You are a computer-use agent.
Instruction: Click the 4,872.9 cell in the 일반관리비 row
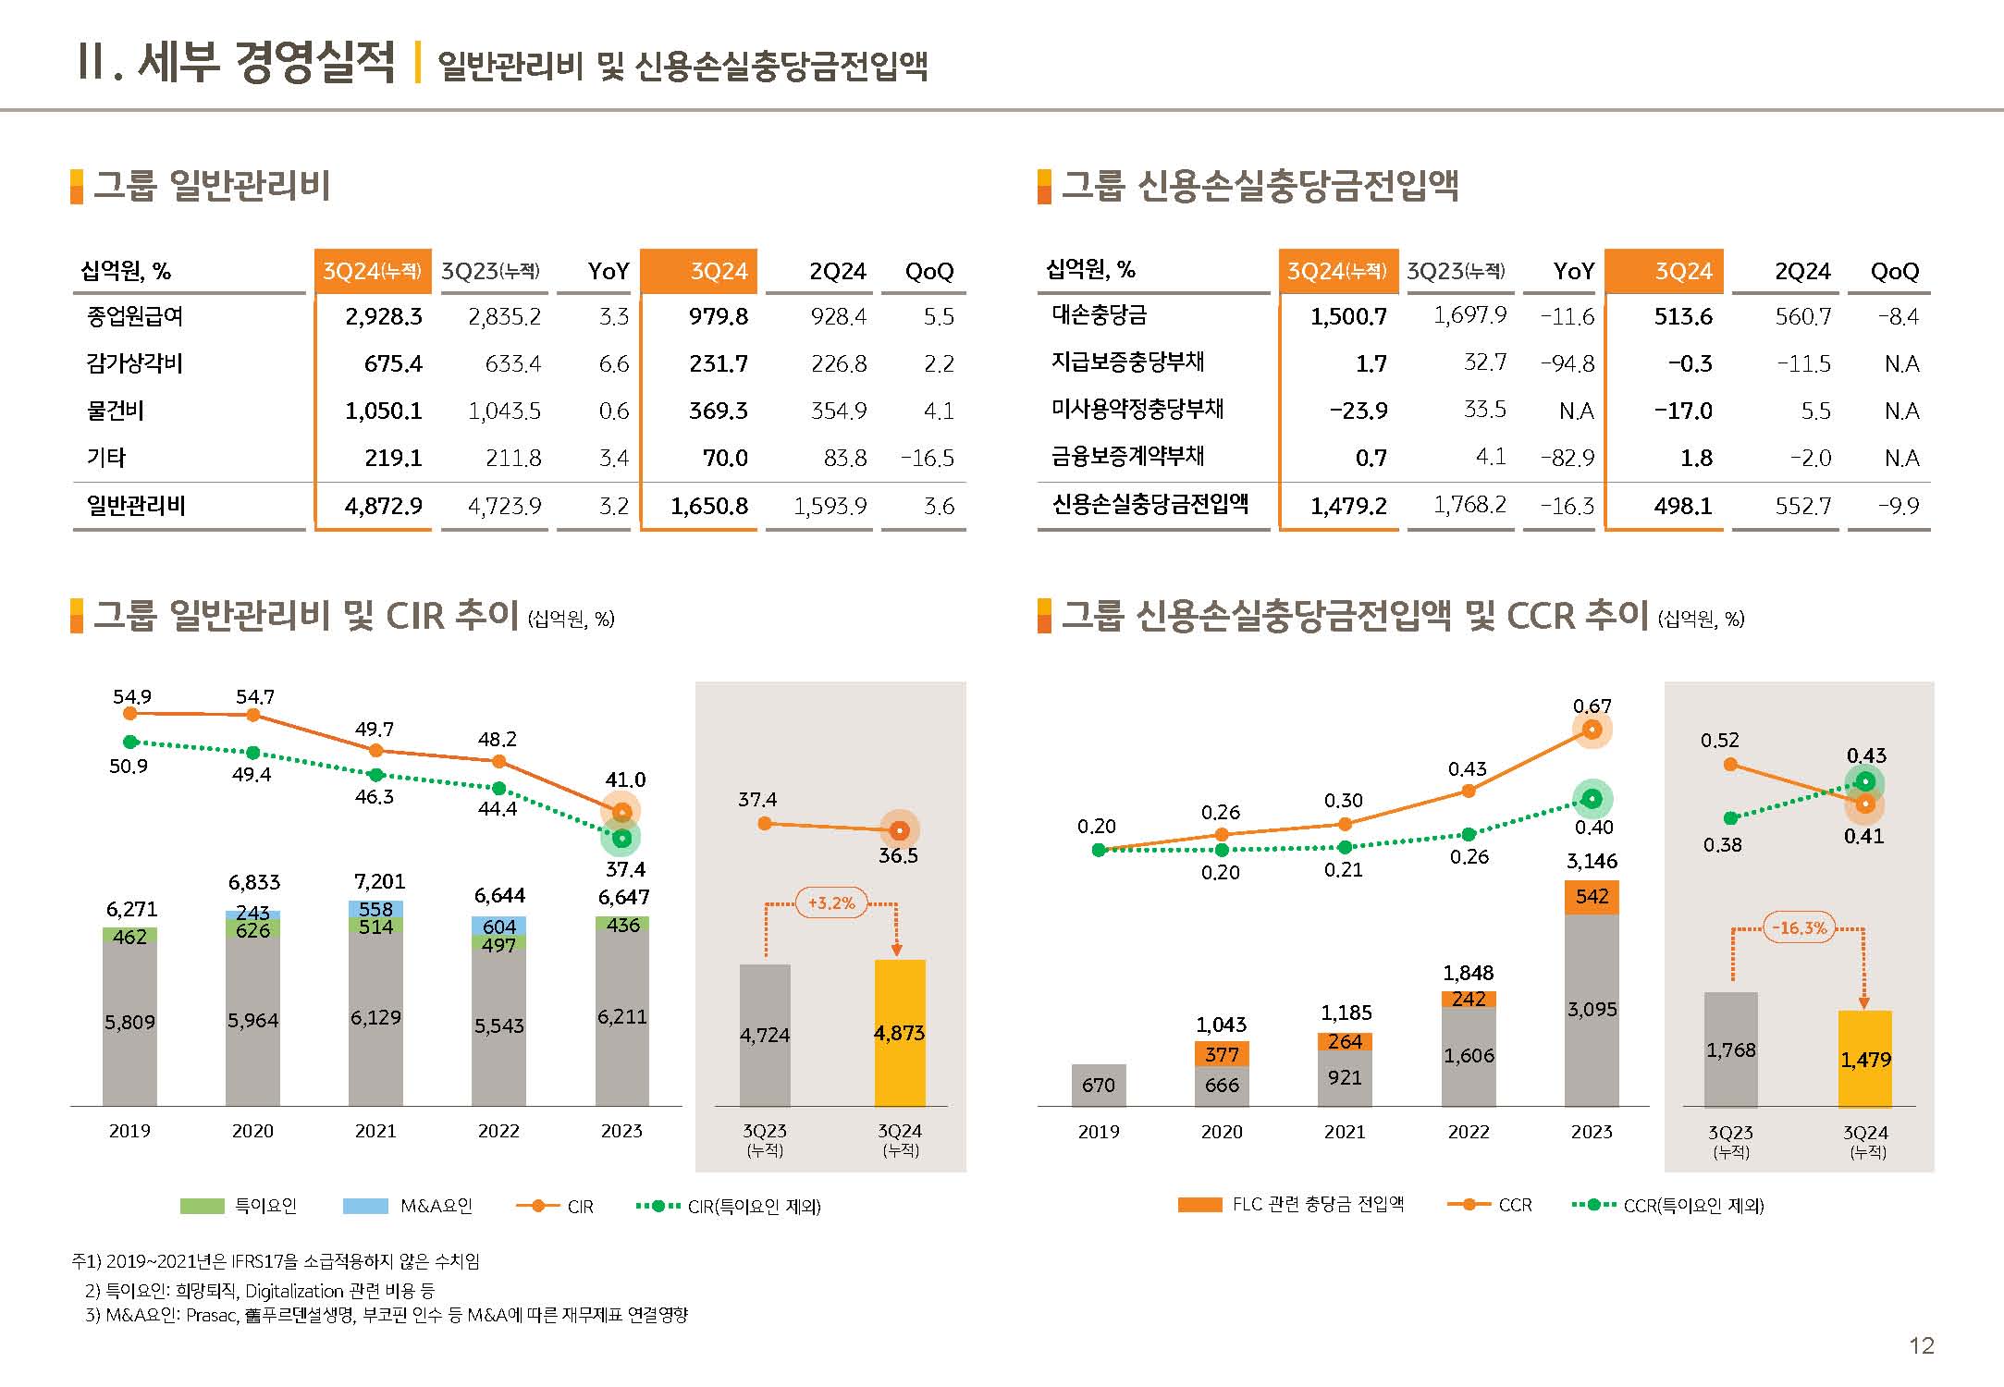click(x=383, y=506)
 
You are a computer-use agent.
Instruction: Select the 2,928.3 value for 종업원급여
click(x=383, y=316)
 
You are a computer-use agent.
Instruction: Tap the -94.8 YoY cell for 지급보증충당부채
click(x=1568, y=363)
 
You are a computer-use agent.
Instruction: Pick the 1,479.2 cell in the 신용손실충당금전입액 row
click(x=1348, y=505)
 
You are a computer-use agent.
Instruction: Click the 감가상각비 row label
click(x=135, y=363)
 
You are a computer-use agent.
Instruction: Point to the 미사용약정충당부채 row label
click(x=1137, y=409)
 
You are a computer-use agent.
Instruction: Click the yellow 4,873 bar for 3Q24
click(x=900, y=1033)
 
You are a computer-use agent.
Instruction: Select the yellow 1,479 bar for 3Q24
click(x=1865, y=1059)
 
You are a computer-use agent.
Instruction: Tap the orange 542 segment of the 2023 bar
click(x=1592, y=896)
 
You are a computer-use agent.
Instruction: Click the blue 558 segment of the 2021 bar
click(x=375, y=909)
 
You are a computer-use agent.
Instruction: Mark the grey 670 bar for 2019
click(x=1099, y=1085)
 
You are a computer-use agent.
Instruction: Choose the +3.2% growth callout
click(x=831, y=903)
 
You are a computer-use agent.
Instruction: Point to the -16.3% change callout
click(x=1799, y=927)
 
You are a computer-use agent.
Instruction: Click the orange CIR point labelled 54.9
click(x=130, y=713)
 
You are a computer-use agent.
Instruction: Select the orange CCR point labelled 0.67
click(x=1592, y=730)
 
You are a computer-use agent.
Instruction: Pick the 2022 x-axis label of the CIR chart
click(x=498, y=1131)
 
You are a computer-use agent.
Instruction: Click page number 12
click(x=1922, y=1345)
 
